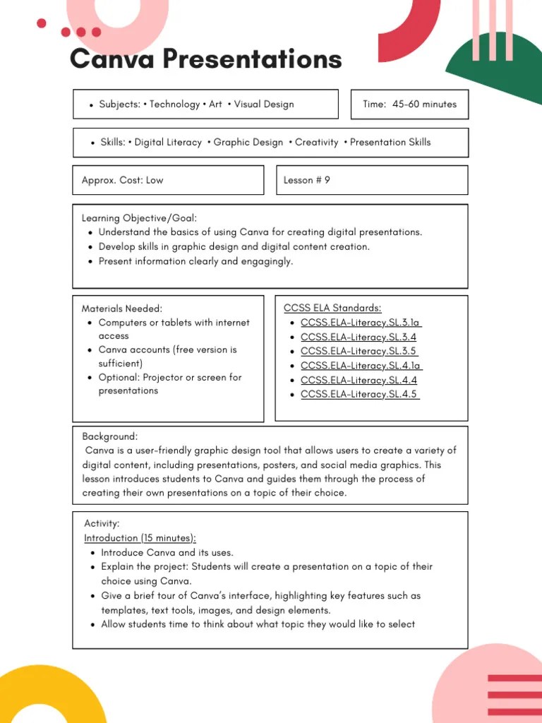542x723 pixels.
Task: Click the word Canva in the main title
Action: tap(112, 59)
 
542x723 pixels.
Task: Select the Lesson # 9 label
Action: tap(306, 180)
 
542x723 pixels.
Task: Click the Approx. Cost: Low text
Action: tap(122, 180)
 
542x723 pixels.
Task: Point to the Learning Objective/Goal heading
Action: tap(139, 218)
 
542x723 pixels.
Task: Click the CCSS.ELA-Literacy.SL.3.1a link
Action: tap(361, 323)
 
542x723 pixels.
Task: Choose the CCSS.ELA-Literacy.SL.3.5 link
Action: tap(359, 351)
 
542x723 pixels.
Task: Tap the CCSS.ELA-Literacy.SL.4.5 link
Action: tap(359, 394)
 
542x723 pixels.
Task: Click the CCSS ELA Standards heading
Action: tap(332, 308)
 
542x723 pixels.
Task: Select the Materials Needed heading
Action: tap(121, 309)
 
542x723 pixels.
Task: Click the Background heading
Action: tap(109, 436)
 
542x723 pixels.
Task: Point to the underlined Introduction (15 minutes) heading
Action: tap(140, 538)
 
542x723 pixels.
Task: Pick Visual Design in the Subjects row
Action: tap(263, 104)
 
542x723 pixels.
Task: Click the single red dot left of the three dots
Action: tap(41, 23)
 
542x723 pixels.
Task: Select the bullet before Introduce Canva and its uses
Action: tap(93, 553)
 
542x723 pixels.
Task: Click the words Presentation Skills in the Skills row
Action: tap(390, 142)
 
